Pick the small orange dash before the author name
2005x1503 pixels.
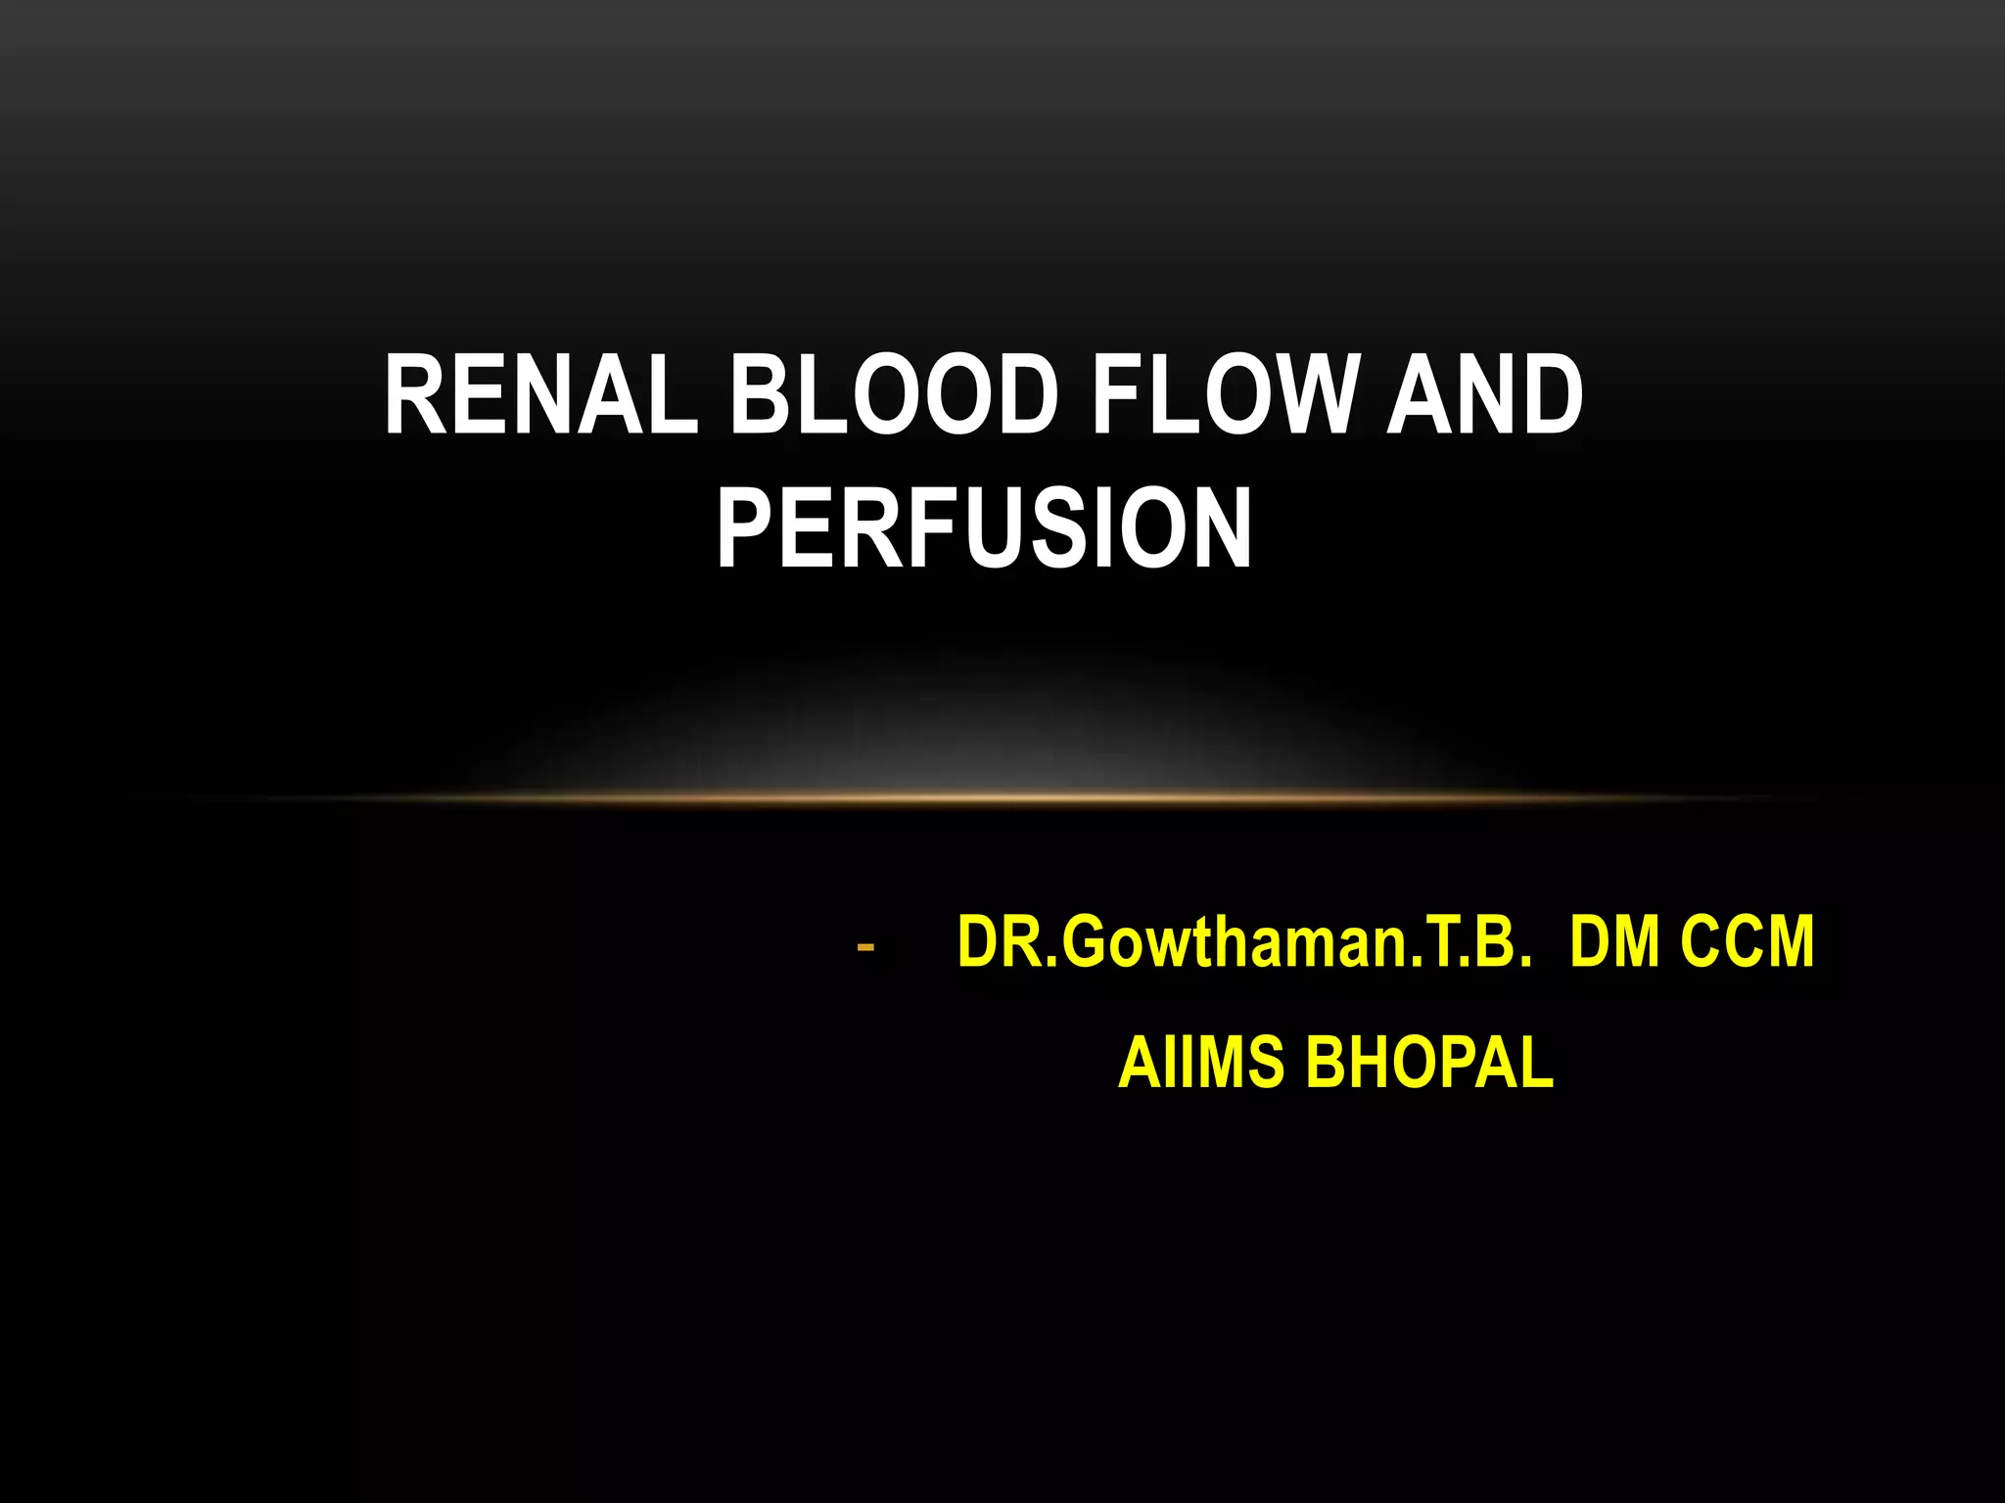864,947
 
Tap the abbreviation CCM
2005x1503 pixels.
1748,941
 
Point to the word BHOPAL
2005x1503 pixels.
1430,1063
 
